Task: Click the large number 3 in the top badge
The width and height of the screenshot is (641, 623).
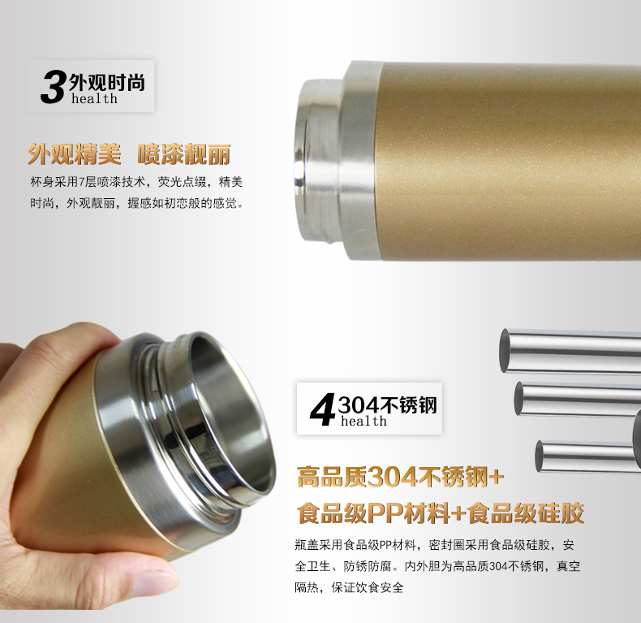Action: click(x=53, y=87)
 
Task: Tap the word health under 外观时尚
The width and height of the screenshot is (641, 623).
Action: click(x=94, y=98)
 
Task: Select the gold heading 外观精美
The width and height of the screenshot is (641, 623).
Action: click(x=75, y=154)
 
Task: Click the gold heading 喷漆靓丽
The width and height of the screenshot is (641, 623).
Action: click(x=184, y=154)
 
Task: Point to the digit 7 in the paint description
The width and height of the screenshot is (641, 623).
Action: click(x=82, y=182)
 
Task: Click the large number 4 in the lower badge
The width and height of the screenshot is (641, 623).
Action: click(x=323, y=409)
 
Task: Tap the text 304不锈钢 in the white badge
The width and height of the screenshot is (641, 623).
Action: click(x=388, y=405)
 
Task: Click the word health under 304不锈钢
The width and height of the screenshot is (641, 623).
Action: click(x=364, y=421)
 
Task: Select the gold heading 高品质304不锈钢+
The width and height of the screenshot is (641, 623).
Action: click(x=400, y=477)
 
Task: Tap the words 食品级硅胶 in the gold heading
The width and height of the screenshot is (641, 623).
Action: click(x=525, y=513)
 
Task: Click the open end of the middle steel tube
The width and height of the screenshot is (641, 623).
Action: click(x=519, y=398)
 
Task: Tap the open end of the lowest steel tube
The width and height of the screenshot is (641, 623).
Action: click(x=540, y=456)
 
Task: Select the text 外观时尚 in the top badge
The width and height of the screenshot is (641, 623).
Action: click(x=107, y=83)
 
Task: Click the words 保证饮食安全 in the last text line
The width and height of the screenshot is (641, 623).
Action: click(x=368, y=588)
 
